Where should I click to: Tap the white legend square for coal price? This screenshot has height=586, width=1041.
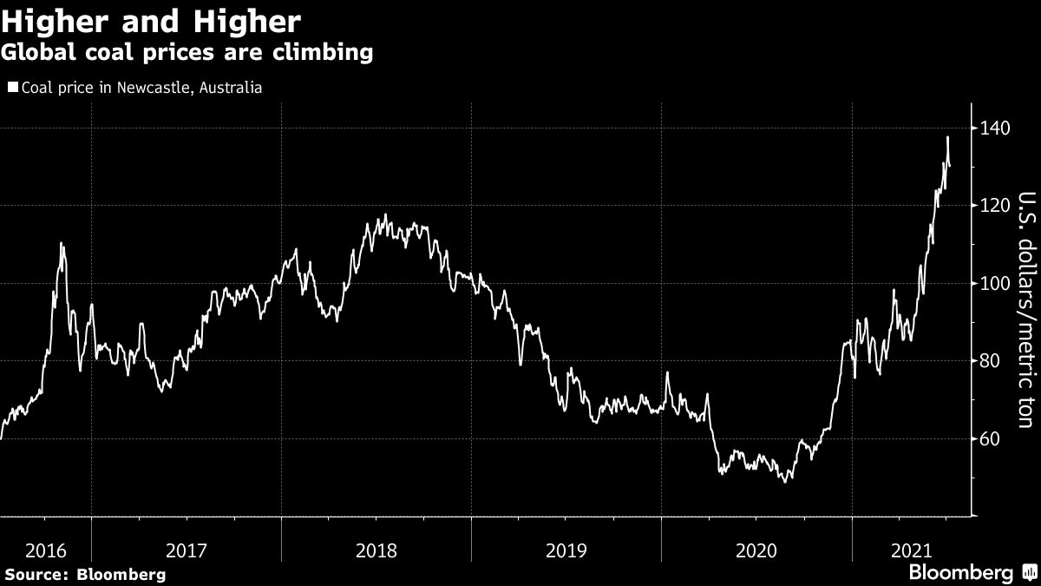(x=13, y=88)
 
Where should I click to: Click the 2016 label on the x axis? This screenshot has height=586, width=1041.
(x=46, y=550)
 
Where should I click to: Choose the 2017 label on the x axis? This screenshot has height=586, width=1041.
(x=186, y=550)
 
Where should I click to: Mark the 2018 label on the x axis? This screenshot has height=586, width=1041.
(x=376, y=550)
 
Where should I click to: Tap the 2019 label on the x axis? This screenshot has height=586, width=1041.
(x=566, y=550)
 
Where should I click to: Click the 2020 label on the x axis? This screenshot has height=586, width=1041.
(x=756, y=550)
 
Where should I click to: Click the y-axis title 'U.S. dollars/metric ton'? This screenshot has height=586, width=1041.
(x=1025, y=309)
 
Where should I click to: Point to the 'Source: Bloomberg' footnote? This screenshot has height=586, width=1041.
(x=85, y=575)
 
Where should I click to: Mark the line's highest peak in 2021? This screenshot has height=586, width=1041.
(x=947, y=137)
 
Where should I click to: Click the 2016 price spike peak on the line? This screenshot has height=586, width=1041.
(x=61, y=243)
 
